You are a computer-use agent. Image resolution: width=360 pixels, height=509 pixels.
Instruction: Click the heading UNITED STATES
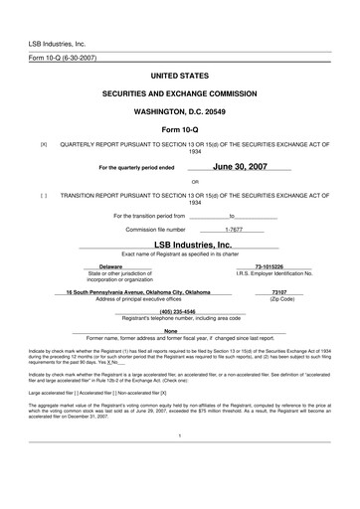179,76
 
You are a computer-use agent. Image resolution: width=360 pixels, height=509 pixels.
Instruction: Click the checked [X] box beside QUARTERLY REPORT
43,144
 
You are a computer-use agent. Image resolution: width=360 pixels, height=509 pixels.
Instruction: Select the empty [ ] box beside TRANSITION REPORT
43,196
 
